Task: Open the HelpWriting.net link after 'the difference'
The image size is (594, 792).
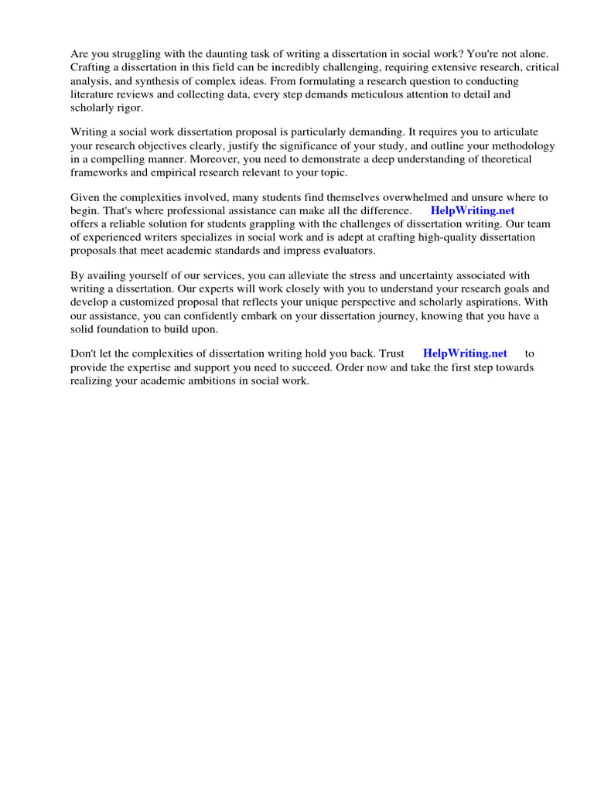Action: click(x=473, y=210)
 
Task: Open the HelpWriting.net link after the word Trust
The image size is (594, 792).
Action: click(x=465, y=353)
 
